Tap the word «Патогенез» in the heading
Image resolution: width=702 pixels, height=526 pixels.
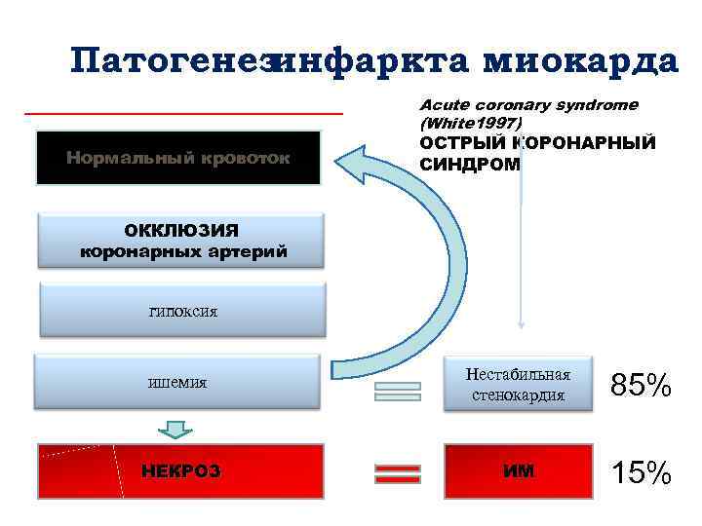click(x=171, y=60)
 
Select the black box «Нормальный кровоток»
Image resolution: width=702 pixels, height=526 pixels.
click(x=177, y=157)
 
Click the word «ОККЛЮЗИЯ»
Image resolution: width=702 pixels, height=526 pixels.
click(x=181, y=230)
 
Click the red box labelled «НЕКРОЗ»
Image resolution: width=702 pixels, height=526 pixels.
click(x=180, y=471)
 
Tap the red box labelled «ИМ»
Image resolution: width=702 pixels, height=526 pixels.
click(x=518, y=471)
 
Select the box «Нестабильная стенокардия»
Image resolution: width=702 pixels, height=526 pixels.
click(x=518, y=384)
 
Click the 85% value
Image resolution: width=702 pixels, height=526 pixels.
click(x=641, y=386)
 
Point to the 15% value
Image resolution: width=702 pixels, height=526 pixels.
click(x=641, y=473)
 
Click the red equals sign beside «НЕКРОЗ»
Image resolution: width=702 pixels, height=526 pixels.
click(x=398, y=473)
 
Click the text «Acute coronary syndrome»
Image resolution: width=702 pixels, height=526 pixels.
click(x=528, y=104)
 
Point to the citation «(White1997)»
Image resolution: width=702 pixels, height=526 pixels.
click(x=470, y=124)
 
